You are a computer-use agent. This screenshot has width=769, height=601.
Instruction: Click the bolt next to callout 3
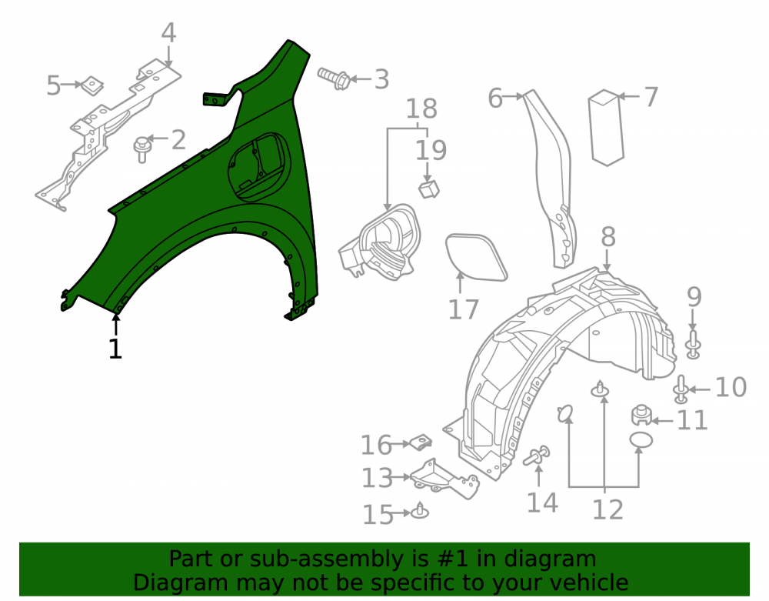coord(334,78)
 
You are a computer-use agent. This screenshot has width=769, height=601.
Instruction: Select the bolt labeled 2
coord(141,149)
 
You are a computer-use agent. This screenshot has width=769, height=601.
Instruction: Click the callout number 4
coord(168,33)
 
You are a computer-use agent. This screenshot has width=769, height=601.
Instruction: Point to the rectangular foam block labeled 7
coord(606,128)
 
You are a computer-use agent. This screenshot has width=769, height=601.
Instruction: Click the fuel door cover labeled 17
coord(476,258)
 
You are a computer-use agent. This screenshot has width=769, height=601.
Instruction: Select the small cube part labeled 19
coord(428,189)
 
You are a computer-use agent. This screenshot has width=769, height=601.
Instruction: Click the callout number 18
coord(421,109)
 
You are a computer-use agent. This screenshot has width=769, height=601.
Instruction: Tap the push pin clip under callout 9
coord(693,345)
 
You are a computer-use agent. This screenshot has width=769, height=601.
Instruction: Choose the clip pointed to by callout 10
coord(681,389)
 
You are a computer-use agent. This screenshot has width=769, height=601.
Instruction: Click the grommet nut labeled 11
coord(641,415)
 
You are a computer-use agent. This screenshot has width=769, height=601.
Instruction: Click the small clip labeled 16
coord(421,442)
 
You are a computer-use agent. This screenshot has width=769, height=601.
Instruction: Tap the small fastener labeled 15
coord(420,511)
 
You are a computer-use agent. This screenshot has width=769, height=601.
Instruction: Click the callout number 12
coord(608,509)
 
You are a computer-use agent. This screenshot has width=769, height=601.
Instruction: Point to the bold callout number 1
coord(115,349)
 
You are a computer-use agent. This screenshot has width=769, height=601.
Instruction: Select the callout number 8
coord(608,237)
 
